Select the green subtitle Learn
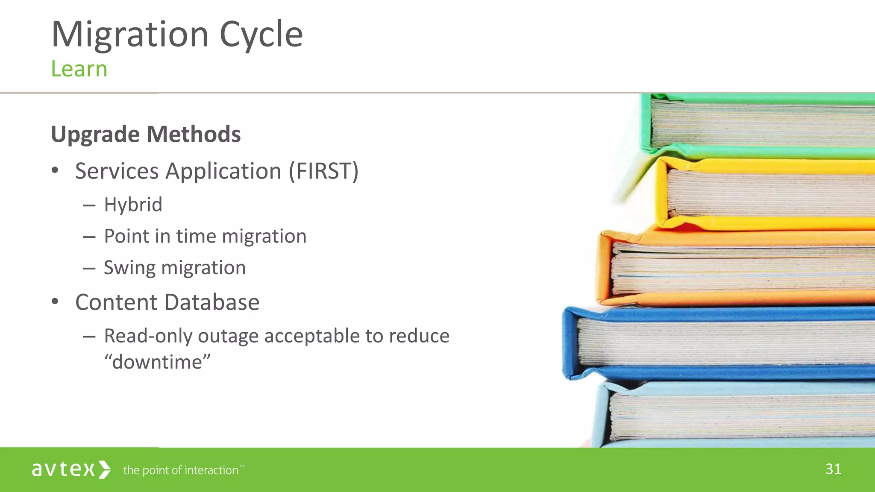tap(79, 69)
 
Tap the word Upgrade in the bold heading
tap(95, 135)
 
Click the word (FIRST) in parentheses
tap(323, 171)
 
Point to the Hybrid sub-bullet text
tap(133, 205)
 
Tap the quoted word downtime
tap(158, 362)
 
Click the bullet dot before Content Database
tap(55, 302)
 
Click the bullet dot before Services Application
tap(55, 170)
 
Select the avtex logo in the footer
tap(71, 469)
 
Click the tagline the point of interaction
tap(181, 470)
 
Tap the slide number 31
tap(833, 469)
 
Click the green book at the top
tap(760, 124)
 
